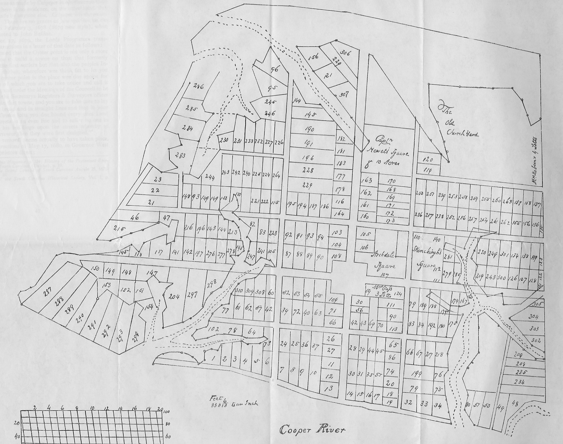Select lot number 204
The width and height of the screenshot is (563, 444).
174,297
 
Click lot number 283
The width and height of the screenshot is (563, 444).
180,155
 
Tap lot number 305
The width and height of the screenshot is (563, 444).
538,304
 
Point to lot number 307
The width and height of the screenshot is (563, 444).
344,94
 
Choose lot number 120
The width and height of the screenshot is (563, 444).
427,159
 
